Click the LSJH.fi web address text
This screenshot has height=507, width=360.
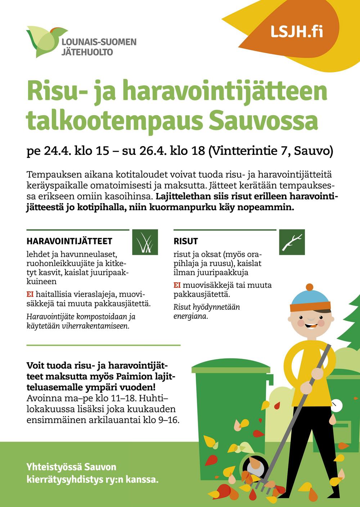(297, 32)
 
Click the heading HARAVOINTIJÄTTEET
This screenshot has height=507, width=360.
(69, 241)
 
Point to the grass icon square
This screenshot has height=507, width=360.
(145, 242)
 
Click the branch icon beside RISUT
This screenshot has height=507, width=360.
(292, 242)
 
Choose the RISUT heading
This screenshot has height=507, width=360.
(186, 241)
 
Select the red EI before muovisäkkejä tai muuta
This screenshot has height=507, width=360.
(177, 286)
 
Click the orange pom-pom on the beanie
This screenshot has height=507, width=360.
(310, 287)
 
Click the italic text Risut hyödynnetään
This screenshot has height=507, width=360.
(206, 307)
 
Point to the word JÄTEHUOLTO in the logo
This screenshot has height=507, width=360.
(87, 52)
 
